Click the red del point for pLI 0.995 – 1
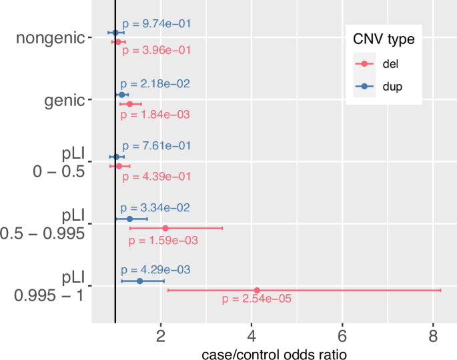pos(257,290)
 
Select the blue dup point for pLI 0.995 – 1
pos(139,281)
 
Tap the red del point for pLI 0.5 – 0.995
pos(165,228)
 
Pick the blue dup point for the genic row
pos(121,95)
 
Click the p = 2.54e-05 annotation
pos(257,299)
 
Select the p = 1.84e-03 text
pos(156,115)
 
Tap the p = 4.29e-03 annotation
pos(155,271)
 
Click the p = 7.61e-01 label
pos(156,146)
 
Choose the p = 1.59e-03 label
pos(163,239)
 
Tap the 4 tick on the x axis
pos(251,333)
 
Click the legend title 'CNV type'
pos(384,40)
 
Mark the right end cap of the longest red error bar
pos(440,290)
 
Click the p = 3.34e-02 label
pos(156,208)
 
